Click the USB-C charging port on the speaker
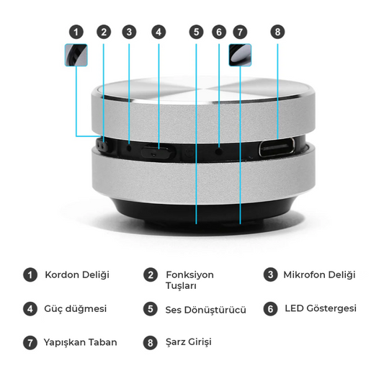[x=277, y=148]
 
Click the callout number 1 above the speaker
[x=76, y=32]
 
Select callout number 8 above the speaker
[x=277, y=32]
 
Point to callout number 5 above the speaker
[x=196, y=32]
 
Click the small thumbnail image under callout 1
[x=76, y=55]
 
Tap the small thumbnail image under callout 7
[x=240, y=55]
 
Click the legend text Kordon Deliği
[x=77, y=275]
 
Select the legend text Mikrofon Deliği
[x=319, y=275]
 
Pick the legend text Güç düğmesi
[x=76, y=309]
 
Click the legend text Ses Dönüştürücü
[x=206, y=310]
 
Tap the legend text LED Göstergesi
[x=321, y=308]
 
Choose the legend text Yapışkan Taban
[x=80, y=343]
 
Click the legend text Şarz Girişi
[x=189, y=342]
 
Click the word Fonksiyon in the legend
[x=189, y=275]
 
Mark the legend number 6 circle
[x=270, y=309]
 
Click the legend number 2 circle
[x=151, y=274]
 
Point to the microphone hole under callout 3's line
[x=129, y=148]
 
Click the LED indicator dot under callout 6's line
[x=219, y=151]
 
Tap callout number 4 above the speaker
[x=158, y=32]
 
